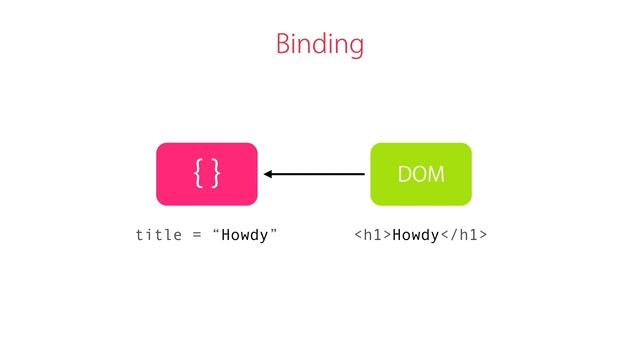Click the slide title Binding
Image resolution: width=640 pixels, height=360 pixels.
(x=319, y=45)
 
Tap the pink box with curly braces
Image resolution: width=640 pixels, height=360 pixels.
(x=207, y=174)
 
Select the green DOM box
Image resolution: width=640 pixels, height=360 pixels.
(x=421, y=174)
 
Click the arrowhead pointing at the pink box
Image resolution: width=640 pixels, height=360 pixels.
(x=270, y=174)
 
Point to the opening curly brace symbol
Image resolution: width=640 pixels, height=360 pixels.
(x=199, y=174)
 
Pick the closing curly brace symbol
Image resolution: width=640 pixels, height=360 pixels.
(x=215, y=174)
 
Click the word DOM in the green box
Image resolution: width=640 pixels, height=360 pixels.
(x=421, y=175)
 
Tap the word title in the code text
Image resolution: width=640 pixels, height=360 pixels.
(x=156, y=236)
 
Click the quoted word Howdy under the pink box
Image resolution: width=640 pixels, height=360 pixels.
(x=243, y=236)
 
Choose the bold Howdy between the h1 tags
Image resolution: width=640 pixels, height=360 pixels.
(x=416, y=236)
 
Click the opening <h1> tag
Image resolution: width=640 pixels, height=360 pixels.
(x=372, y=236)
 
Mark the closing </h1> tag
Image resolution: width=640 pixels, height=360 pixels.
(x=464, y=236)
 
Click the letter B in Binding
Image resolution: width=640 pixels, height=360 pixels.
(x=283, y=44)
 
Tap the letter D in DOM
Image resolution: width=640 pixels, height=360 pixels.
(x=405, y=175)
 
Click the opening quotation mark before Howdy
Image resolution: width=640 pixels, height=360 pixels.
(x=215, y=233)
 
